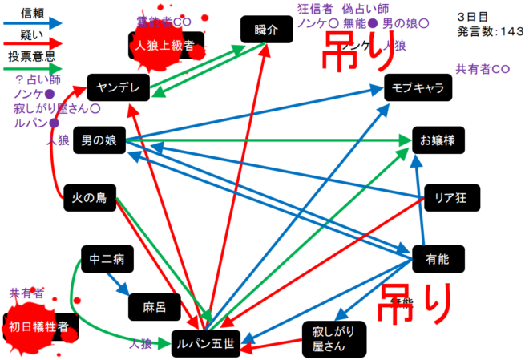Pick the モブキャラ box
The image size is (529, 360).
coord(418,88)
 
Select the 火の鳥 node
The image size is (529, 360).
coord(89,197)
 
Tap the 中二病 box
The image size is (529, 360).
coord(107,260)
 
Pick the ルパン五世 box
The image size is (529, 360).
coord(206,344)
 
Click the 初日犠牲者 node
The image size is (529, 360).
coord(43,326)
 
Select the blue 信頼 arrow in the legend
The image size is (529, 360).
coord(32,23)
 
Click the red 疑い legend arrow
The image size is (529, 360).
coord(32,47)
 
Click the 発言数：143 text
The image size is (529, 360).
coord(491,31)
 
